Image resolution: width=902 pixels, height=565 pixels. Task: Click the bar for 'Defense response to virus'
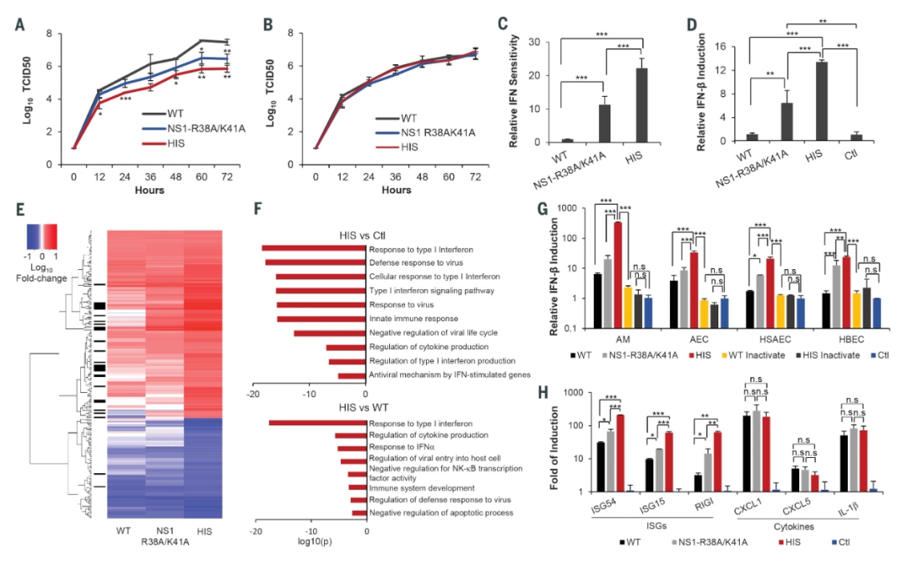315,262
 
